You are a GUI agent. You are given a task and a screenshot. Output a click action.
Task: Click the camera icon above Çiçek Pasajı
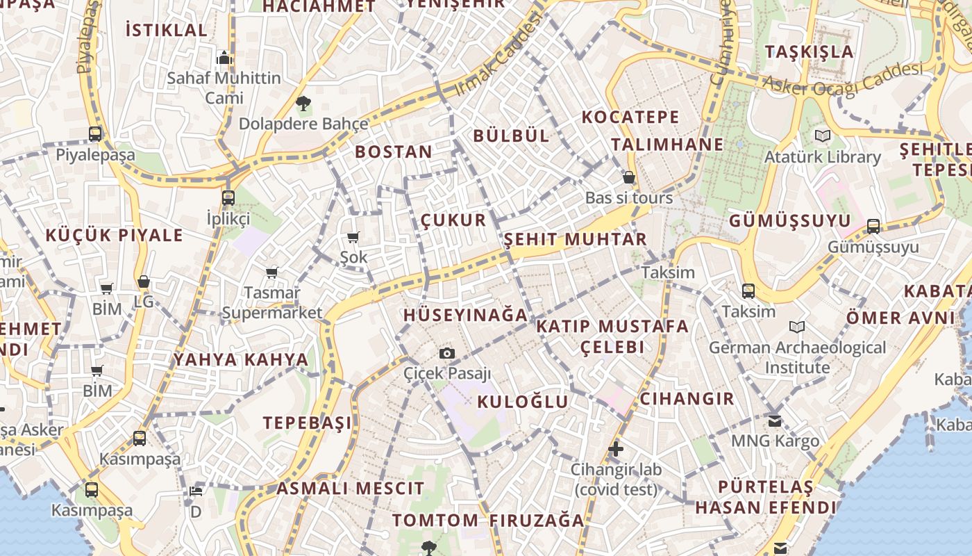click(447, 353)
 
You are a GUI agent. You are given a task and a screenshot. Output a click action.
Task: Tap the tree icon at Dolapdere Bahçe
click(303, 104)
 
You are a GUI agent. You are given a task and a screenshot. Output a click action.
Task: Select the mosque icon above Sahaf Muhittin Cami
click(224, 57)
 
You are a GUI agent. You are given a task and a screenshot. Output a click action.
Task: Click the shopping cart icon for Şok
click(353, 238)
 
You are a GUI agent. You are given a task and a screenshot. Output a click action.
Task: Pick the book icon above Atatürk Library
click(823, 136)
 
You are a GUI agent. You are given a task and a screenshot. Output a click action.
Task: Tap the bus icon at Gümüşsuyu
click(873, 226)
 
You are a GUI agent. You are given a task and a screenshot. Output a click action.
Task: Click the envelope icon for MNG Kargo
click(775, 420)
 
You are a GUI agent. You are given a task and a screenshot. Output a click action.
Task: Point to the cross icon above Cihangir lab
click(615, 449)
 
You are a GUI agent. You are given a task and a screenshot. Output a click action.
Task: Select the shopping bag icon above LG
click(144, 281)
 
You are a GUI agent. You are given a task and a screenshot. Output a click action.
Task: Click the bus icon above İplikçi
click(228, 198)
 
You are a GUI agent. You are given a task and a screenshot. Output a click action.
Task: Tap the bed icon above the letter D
click(196, 491)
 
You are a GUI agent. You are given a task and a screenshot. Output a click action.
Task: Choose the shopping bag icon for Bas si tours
click(628, 177)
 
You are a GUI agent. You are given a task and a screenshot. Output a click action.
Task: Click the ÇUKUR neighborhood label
click(453, 220)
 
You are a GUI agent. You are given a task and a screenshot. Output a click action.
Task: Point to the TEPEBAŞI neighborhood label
click(307, 423)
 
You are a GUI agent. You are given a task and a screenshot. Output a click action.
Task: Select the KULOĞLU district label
click(523, 402)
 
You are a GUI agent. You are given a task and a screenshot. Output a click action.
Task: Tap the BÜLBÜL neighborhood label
click(511, 136)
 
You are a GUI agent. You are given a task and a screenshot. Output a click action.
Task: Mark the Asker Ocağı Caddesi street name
click(843, 77)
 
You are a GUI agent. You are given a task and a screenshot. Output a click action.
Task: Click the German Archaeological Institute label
click(798, 357)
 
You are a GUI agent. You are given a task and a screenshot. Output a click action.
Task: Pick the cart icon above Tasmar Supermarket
click(271, 272)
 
